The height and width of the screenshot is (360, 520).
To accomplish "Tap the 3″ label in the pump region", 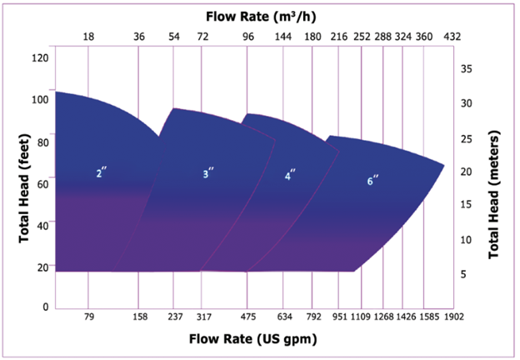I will click(208, 173).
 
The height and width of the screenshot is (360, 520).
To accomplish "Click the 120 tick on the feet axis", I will click(39, 57).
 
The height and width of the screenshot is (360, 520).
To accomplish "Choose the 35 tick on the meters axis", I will click(467, 68).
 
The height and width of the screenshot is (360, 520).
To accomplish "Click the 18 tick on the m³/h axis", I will click(88, 37).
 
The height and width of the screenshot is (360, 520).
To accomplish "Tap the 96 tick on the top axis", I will click(247, 37).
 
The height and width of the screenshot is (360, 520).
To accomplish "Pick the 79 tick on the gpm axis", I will click(88, 317).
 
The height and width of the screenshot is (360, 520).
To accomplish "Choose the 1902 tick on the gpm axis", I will click(454, 317).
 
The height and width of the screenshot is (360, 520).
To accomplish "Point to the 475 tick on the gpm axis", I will click(247, 317).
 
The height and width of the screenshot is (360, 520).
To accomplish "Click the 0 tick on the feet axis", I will click(44, 307).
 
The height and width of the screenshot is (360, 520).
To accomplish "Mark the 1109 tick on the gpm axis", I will click(362, 317).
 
